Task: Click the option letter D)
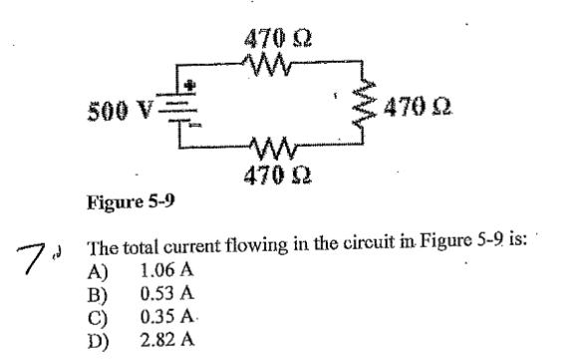pos(100,339)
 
